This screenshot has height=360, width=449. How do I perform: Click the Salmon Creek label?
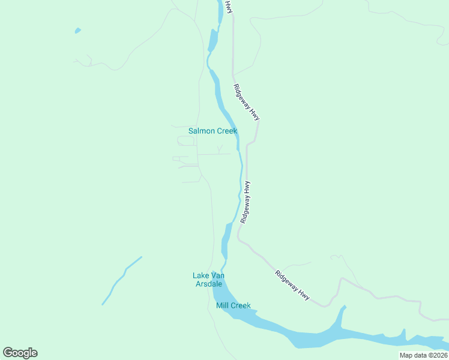pyautogui.click(x=212, y=131)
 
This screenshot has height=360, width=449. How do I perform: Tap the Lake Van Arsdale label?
pyautogui.click(x=208, y=280)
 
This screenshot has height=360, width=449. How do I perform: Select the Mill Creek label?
pyautogui.click(x=233, y=305)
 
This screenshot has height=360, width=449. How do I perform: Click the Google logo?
pyautogui.click(x=20, y=353)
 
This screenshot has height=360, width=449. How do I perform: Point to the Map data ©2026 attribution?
pyautogui.click(x=423, y=355)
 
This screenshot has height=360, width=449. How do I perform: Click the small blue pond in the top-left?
pyautogui.click(x=77, y=31)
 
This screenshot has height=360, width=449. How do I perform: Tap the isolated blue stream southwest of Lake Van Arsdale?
pyautogui.click(x=122, y=280)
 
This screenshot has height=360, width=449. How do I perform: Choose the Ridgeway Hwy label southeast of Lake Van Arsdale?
pyautogui.click(x=292, y=286)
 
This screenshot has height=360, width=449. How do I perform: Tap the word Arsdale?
pyautogui.click(x=208, y=284)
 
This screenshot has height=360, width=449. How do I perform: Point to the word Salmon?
pyautogui.click(x=201, y=131)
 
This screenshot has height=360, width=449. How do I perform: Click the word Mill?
pyautogui.click(x=222, y=305)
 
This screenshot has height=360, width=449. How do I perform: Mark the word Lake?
pyautogui.click(x=200, y=275)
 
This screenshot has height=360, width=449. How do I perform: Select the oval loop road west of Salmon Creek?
pyautogui.click(x=186, y=141)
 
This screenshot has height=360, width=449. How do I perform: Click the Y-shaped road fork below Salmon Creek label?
pyautogui.click(x=220, y=149)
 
